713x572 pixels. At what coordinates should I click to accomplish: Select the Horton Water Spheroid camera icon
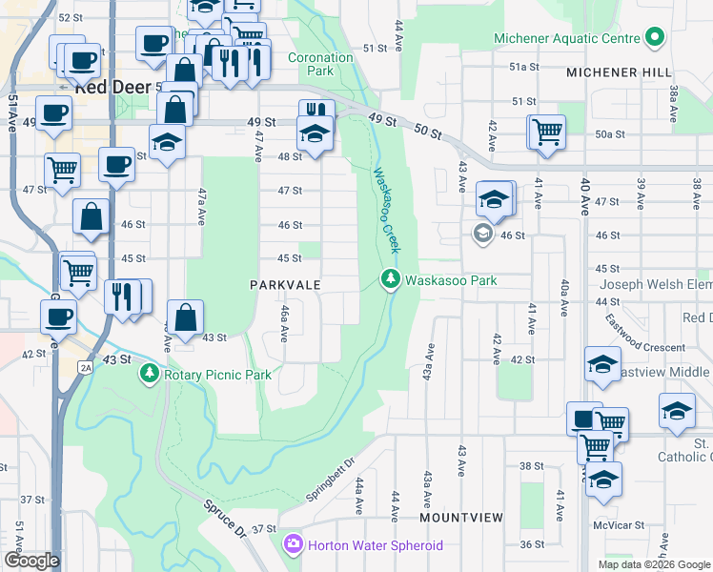click(294, 544)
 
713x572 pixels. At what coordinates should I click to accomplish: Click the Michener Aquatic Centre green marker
click(654, 38)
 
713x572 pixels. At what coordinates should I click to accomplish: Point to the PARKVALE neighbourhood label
click(285, 285)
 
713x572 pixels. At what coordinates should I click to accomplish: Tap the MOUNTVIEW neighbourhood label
click(461, 517)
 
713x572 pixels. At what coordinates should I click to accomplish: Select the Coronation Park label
click(321, 64)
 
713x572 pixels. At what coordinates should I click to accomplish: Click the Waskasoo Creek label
click(384, 210)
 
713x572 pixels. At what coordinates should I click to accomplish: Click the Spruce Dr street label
click(226, 521)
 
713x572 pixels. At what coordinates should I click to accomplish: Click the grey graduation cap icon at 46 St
click(482, 234)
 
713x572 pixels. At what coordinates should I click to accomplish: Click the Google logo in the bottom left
click(32, 561)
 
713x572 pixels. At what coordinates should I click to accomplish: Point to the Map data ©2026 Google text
click(654, 564)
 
